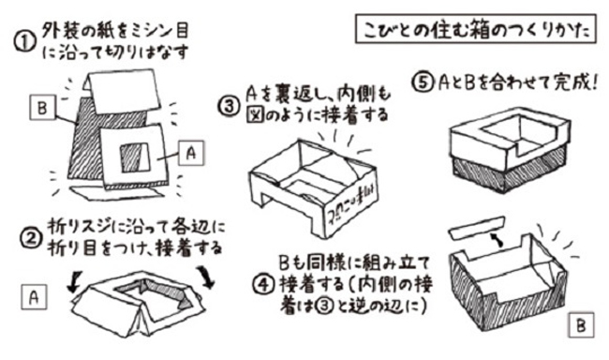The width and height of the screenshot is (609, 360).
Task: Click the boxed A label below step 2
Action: (33, 297)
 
